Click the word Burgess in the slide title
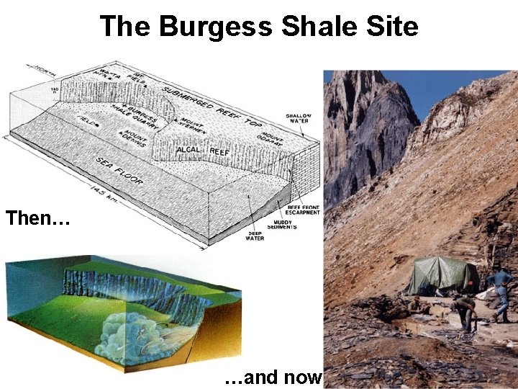click(216, 27)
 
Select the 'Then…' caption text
click(37, 218)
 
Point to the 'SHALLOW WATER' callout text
click(298, 119)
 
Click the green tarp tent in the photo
click(441, 274)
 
